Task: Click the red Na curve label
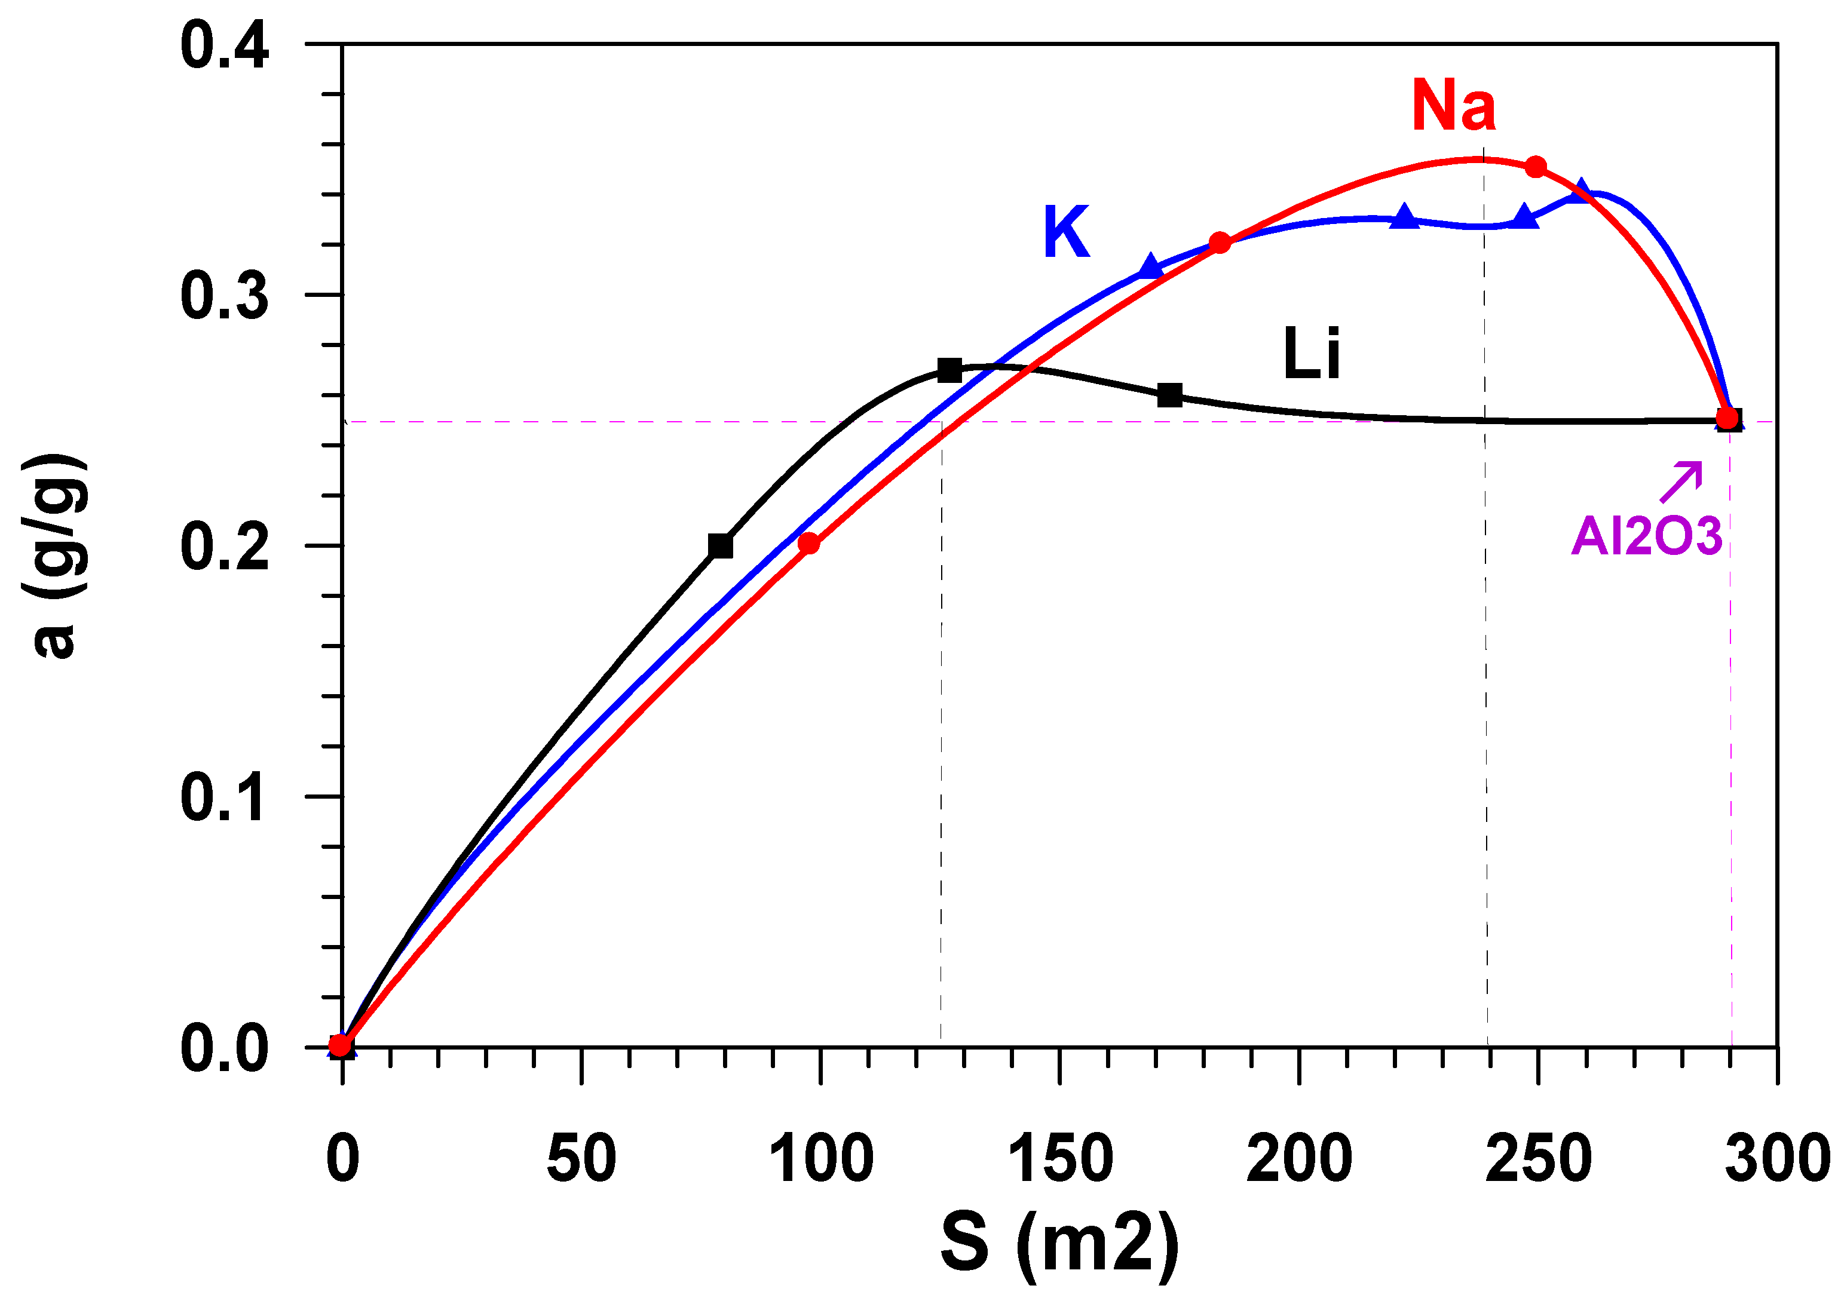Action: [1453, 106]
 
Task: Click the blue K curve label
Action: [1066, 232]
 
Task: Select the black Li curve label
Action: [1311, 353]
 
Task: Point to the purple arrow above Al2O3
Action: [1681, 481]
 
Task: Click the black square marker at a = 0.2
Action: [721, 546]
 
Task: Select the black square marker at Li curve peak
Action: [949, 371]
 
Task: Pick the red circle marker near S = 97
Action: [808, 544]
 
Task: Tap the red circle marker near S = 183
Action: [1220, 243]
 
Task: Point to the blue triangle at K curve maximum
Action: [1581, 192]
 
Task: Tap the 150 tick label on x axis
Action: [1059, 1159]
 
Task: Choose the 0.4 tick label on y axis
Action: [223, 46]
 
